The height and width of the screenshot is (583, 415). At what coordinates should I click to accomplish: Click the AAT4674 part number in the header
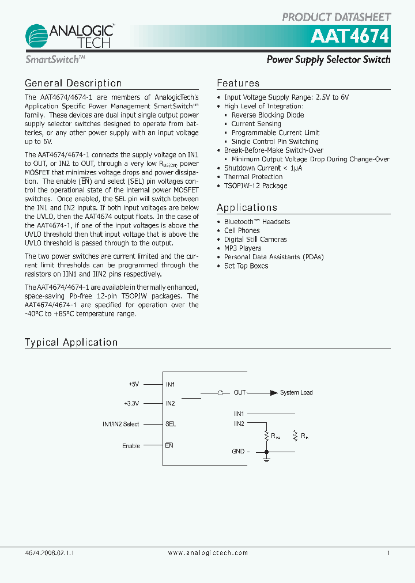point(350,37)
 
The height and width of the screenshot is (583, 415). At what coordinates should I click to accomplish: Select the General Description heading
point(73,84)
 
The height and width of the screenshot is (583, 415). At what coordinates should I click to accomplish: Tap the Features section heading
point(238,84)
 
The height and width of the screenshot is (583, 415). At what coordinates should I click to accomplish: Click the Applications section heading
point(247,208)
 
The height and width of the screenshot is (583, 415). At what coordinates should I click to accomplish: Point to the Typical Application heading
point(71,342)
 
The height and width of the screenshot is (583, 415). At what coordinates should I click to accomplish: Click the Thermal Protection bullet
point(253,177)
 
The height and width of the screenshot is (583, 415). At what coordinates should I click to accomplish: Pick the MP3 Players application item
point(243,248)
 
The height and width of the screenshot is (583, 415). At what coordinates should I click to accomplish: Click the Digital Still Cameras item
point(255,239)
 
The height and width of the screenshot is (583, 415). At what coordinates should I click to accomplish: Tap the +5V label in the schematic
point(134,384)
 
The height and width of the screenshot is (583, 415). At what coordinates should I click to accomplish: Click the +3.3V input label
point(132,403)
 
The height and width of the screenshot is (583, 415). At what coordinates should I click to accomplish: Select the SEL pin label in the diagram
point(171,424)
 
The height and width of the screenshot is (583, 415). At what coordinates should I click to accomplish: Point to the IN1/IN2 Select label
point(120,424)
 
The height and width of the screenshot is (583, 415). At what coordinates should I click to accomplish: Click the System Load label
point(296,393)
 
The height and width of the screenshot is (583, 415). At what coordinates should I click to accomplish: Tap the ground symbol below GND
point(266,459)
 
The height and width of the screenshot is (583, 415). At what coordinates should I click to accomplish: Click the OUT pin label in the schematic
point(239,393)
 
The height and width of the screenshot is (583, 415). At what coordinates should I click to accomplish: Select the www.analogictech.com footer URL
point(207,552)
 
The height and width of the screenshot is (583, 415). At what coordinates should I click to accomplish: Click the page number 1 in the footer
point(388,552)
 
